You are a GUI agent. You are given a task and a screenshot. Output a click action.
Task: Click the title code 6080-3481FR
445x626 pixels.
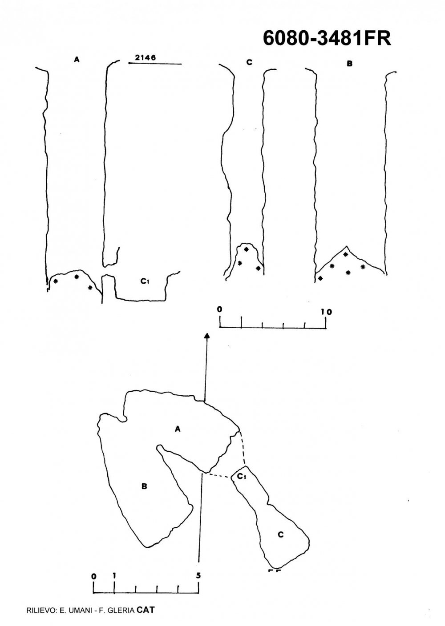point(327,38)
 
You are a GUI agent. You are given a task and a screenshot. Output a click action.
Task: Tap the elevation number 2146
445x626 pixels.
point(145,57)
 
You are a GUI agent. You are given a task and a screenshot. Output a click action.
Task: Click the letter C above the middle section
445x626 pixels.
point(249,62)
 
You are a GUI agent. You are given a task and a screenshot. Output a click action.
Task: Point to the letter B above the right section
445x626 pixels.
point(349,64)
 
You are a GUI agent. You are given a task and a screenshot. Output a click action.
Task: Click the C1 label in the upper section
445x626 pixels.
point(145,281)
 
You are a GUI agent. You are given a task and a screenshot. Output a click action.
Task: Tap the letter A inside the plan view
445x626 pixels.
point(178,429)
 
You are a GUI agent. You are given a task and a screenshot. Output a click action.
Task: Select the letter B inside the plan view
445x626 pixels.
point(144,486)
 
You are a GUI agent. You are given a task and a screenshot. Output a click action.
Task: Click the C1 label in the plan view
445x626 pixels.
point(242,476)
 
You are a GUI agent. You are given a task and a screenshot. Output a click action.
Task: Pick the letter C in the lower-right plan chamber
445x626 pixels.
point(280,534)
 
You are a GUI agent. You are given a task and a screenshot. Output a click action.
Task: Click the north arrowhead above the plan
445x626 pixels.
point(207,336)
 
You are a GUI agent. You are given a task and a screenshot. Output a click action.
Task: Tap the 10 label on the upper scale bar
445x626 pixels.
point(327,312)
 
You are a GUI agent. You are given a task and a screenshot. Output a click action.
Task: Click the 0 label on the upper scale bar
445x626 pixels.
point(220,309)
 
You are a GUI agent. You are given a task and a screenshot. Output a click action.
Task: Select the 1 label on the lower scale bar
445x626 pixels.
point(114,576)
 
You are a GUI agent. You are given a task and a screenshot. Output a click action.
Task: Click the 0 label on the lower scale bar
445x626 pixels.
point(94,577)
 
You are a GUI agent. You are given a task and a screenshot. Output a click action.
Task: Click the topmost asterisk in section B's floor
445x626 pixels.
point(346,255)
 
